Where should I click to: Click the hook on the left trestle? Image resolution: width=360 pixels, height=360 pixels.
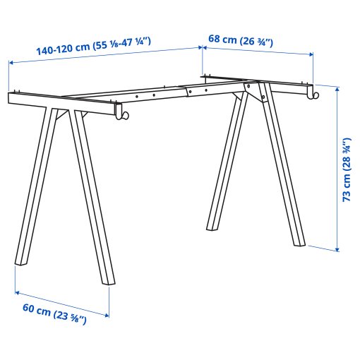(124, 115)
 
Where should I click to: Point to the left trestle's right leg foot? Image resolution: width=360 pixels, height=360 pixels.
(107, 279)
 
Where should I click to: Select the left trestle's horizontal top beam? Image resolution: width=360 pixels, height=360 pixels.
(64, 102)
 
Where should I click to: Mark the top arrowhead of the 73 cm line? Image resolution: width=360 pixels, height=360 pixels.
(337, 88)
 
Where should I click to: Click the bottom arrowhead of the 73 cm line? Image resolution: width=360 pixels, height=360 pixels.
(337, 248)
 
